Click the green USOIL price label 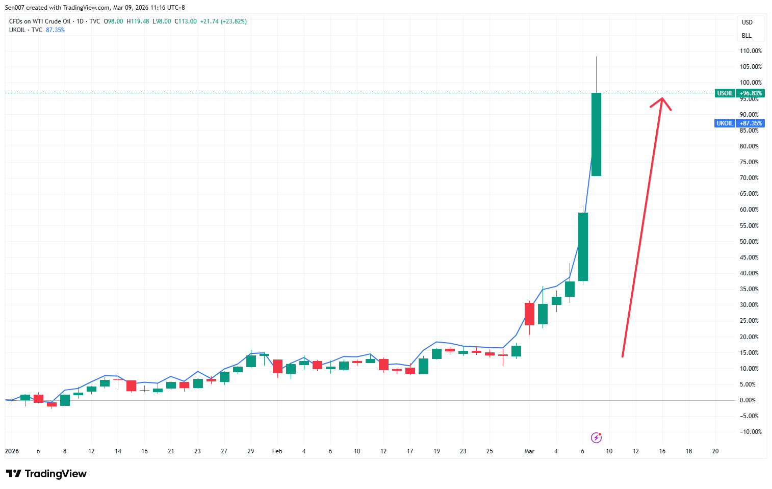click(739, 93)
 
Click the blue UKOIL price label click(739, 123)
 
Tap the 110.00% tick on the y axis click(751, 51)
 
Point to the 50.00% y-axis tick click(749, 242)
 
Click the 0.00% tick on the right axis click(748, 400)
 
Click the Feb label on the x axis click(277, 451)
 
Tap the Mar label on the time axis click(529, 451)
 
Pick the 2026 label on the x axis click(12, 451)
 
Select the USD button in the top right click(747, 22)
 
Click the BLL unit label click(747, 36)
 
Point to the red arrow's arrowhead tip click(662, 98)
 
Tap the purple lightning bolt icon click(596, 437)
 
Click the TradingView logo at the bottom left click(46, 474)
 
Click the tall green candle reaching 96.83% click(596, 134)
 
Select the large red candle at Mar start click(529, 314)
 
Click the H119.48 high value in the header click(138, 21)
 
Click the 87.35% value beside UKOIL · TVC click(55, 30)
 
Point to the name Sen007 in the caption click(14, 8)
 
